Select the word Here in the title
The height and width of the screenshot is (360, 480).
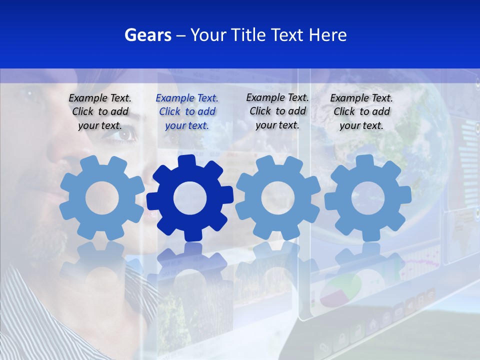(327, 35)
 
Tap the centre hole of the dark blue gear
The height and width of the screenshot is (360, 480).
(190, 198)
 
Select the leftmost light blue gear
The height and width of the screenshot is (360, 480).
(102, 198)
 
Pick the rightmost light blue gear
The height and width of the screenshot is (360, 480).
(367, 198)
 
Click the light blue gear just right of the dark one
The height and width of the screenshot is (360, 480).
(277, 198)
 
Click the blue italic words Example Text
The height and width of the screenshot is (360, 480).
(187, 98)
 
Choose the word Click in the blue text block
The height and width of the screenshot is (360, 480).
(170, 112)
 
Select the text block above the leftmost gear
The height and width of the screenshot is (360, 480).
(100, 111)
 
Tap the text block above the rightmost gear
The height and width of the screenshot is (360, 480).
(361, 111)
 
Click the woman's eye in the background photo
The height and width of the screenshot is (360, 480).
(126, 134)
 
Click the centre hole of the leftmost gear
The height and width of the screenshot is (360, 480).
(102, 198)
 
